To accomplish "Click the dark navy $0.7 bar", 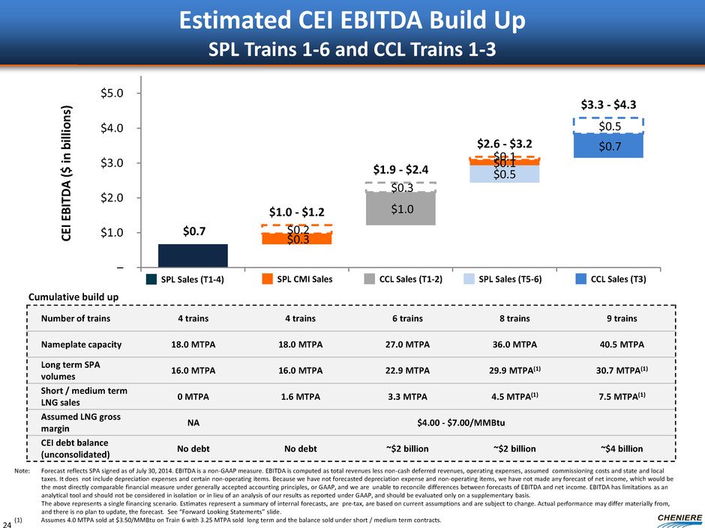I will pyautogui.click(x=193, y=255).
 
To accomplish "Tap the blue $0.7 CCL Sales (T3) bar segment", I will pyautogui.click(x=608, y=145).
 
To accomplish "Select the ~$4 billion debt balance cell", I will pyautogui.click(x=622, y=447).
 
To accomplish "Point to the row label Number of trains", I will pyautogui.click(x=77, y=319).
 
